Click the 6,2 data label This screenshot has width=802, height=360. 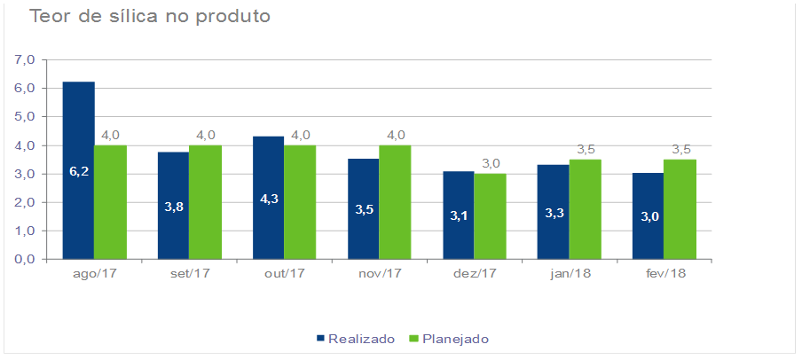[79, 171]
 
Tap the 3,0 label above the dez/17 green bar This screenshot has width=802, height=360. [491, 163]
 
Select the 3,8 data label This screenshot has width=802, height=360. [174, 207]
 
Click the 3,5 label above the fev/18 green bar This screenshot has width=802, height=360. [680, 149]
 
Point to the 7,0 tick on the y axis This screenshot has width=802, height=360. [24, 59]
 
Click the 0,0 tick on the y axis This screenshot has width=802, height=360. [24, 260]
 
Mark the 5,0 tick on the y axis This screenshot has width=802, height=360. [24, 117]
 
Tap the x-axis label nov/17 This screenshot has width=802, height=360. [379, 273]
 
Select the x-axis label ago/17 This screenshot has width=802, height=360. [94, 273]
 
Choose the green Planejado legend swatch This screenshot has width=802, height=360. [413, 339]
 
